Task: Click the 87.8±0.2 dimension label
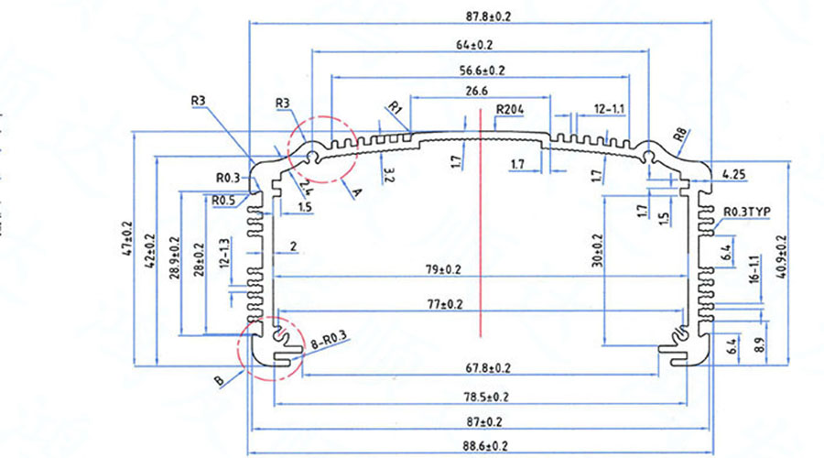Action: [480, 16]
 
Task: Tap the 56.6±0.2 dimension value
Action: [482, 71]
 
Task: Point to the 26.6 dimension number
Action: [477, 92]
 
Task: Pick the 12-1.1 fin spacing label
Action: [609, 109]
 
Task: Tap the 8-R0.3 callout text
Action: [331, 341]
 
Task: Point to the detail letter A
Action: [358, 192]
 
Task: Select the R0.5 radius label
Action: [222, 200]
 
